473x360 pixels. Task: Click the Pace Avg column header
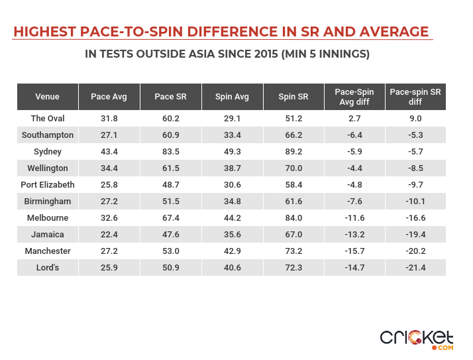point(109,97)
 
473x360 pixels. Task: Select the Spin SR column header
point(293,97)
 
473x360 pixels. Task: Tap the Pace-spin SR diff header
point(415,97)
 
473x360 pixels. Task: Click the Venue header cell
point(47,97)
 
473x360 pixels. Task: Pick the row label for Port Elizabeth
point(47,184)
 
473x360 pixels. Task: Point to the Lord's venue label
point(47,267)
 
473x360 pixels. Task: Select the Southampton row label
point(47,135)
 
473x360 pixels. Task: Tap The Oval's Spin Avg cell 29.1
point(232,119)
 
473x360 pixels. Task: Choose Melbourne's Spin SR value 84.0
point(293,217)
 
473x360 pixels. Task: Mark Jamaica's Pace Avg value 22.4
point(109,234)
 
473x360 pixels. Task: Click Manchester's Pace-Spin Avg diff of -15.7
point(354,251)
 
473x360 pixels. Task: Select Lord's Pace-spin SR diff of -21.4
point(415,267)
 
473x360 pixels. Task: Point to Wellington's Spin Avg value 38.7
point(232,168)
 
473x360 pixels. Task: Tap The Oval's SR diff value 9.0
point(415,119)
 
